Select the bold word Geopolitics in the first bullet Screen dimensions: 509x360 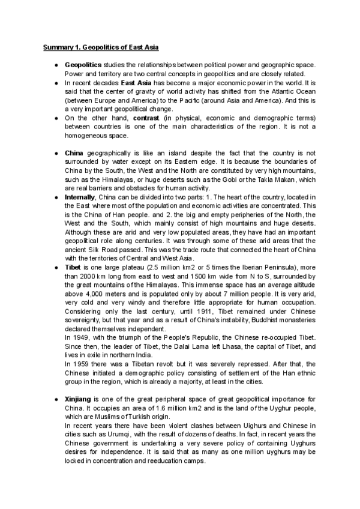pos(83,64)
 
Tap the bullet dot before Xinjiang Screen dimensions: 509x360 pos(55,399)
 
